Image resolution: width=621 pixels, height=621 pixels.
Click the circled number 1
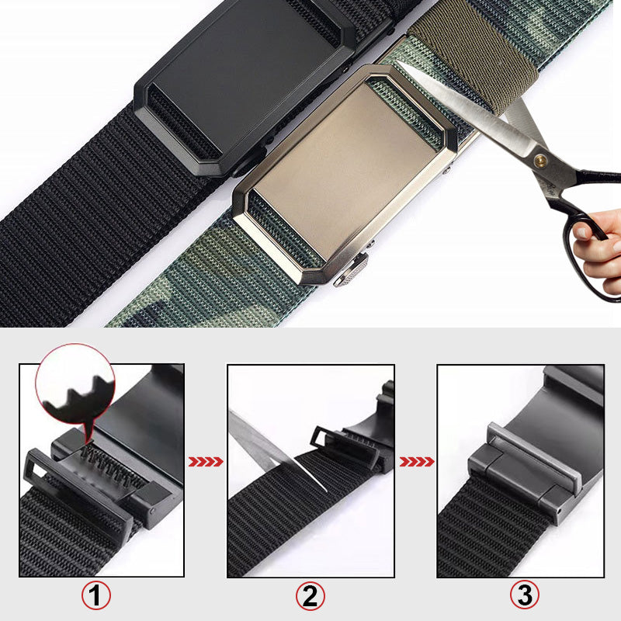[x=96, y=596]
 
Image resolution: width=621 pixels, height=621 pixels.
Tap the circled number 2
[x=310, y=596]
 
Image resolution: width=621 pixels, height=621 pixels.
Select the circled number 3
[x=525, y=596]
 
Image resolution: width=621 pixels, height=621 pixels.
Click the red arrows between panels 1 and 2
[x=206, y=462]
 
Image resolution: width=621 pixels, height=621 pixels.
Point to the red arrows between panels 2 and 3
[x=416, y=462]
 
